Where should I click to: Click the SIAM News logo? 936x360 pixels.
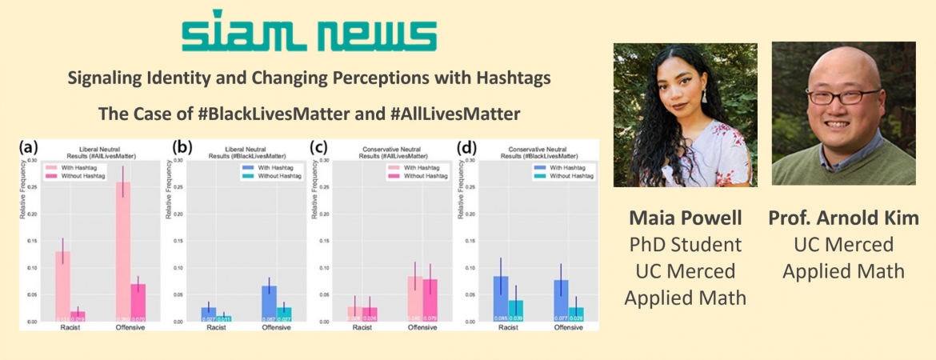click(x=309, y=32)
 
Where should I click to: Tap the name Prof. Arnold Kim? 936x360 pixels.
click(x=843, y=218)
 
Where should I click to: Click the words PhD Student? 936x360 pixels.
click(x=685, y=245)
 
